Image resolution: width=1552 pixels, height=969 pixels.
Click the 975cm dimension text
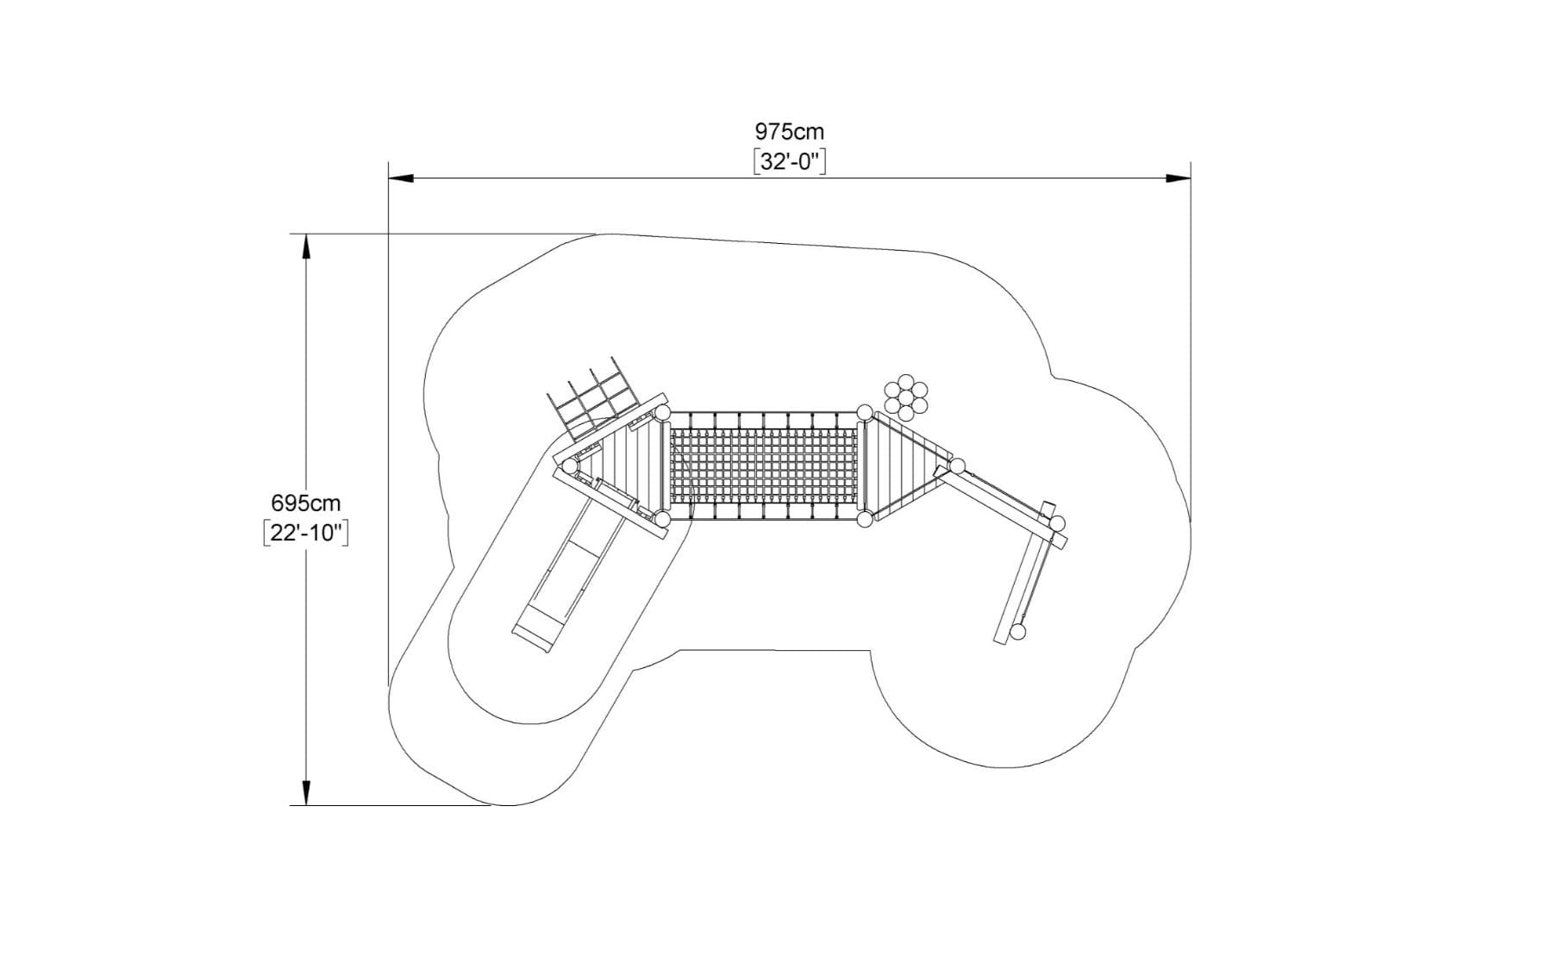[789, 132]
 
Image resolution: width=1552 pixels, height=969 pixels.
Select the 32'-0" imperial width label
[789, 161]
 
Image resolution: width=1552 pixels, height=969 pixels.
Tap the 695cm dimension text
[305, 503]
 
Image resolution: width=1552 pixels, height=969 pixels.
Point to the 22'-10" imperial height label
[305, 533]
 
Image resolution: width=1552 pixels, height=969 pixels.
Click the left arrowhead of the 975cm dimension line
[401, 178]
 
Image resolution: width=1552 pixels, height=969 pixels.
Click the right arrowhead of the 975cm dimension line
[1179, 178]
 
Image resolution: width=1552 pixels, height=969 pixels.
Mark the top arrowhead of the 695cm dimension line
[305, 247]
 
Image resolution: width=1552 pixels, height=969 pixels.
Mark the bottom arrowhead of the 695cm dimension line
[305, 793]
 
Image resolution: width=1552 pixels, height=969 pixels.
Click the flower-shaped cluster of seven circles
[905, 397]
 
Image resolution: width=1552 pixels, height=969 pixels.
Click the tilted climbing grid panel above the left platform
[595, 397]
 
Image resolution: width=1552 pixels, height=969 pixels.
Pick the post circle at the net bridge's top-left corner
[662, 413]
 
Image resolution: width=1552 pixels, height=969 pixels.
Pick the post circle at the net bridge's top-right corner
[864, 412]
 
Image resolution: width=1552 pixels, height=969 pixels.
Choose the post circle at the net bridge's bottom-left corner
[662, 519]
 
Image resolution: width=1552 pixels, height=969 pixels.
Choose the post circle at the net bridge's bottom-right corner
[864, 519]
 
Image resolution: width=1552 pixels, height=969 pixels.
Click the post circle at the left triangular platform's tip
[569, 466]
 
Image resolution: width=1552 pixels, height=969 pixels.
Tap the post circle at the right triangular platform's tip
[957, 466]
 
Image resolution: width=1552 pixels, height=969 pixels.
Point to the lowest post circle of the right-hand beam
[1018, 632]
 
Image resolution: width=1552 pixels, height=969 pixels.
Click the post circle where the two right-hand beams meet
[1057, 523]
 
